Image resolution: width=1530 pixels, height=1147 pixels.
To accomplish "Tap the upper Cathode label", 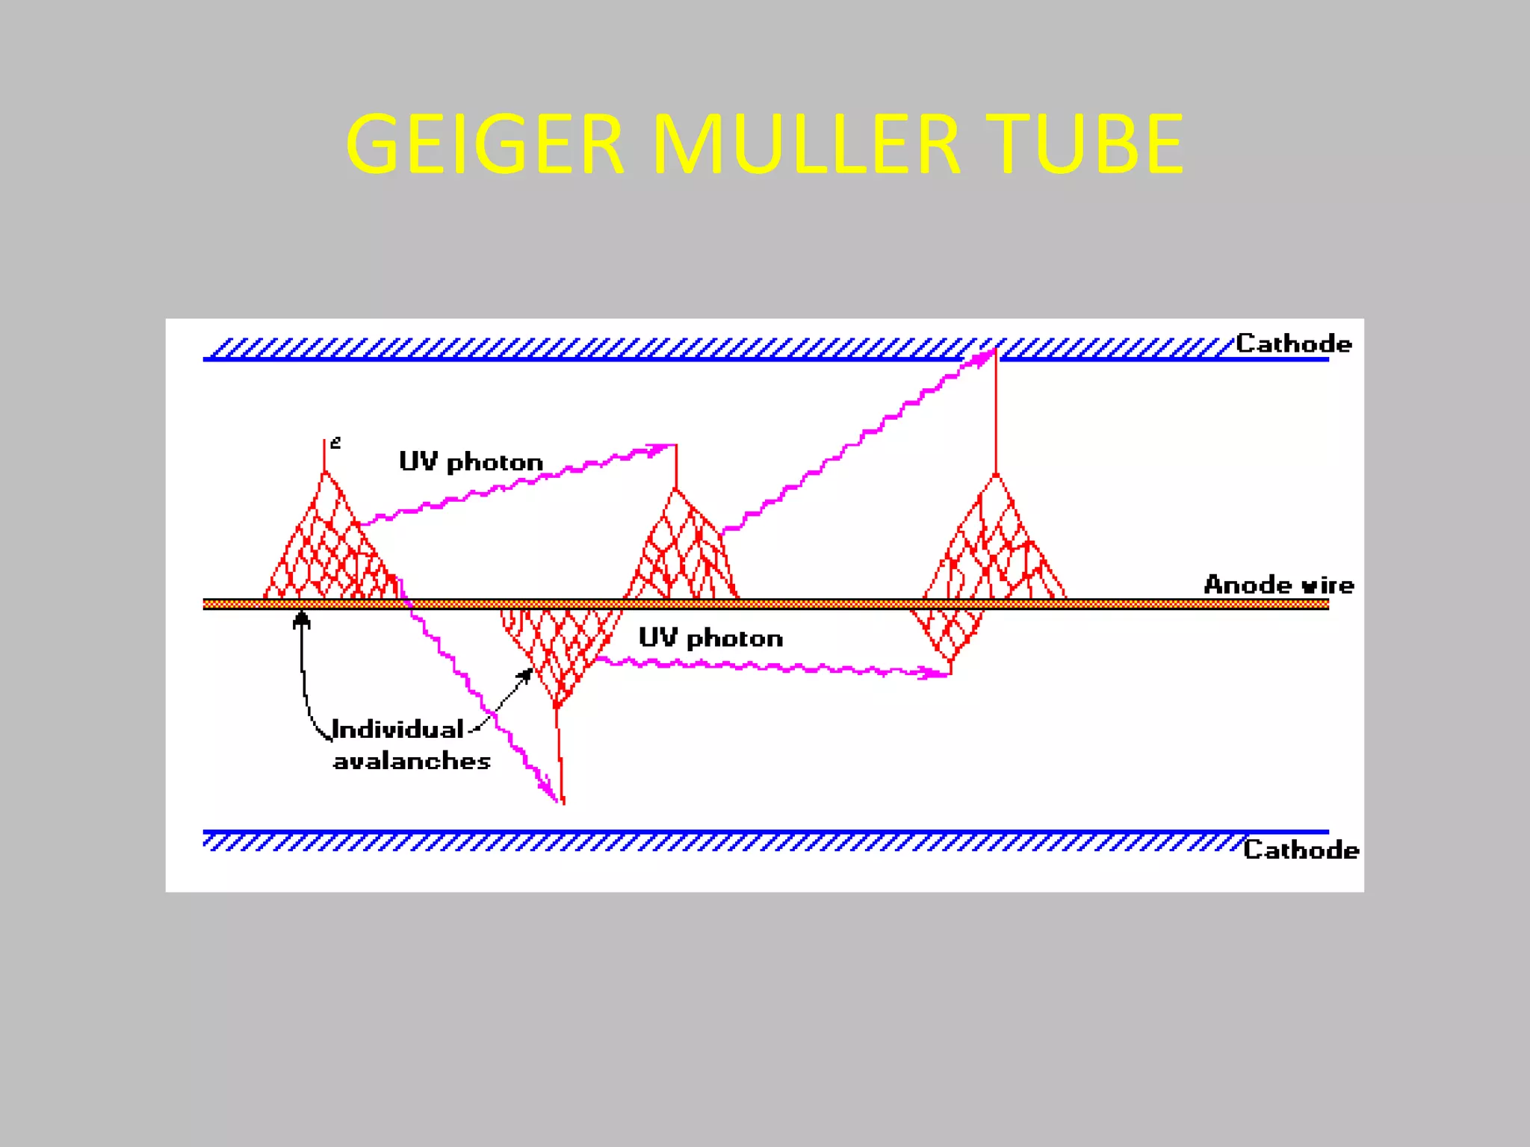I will pos(1293,344).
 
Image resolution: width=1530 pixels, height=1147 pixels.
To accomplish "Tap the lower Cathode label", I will pos(1301,850).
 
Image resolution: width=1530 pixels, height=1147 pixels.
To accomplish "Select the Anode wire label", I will pos(1278,585).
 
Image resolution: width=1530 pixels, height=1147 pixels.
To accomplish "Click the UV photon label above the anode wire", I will pos(471,462).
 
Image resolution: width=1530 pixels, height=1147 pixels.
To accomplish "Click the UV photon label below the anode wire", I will pos(710,638).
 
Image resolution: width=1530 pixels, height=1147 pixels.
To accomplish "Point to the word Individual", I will pos(397,729).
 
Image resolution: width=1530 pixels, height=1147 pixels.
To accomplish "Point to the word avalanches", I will pos(412,761).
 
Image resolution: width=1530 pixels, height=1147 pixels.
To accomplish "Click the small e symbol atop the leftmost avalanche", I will pos(335,443).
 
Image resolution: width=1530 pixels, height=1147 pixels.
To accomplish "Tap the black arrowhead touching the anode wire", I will pos(302,619).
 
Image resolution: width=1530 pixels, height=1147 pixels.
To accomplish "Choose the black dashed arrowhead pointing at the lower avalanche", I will pos(526,675).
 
